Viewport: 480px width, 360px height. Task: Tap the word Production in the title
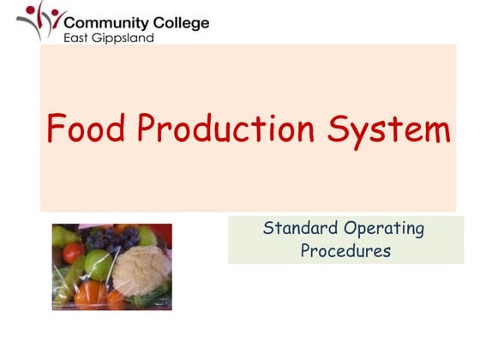tap(227, 130)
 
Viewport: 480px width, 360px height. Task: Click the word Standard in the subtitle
tap(301, 229)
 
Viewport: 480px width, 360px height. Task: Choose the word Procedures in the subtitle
tap(345, 251)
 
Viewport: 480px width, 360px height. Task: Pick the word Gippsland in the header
tap(125, 39)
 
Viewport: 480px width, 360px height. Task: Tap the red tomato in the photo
tap(74, 252)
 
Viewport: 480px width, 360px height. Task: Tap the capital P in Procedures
tap(305, 251)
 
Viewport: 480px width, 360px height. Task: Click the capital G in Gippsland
tap(102, 38)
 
